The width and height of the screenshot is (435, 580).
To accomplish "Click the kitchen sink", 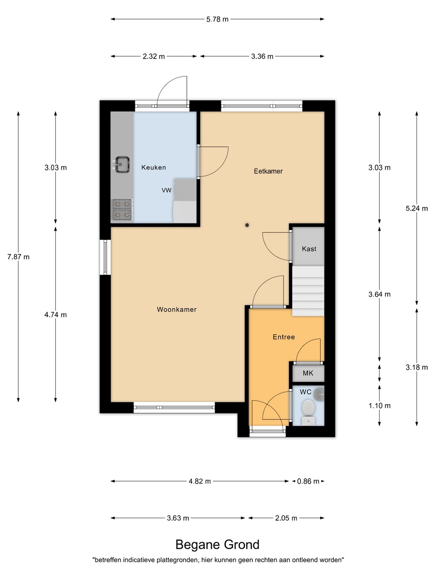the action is coord(122,165).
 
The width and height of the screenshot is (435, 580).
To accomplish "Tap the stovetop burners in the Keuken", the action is coord(122,209).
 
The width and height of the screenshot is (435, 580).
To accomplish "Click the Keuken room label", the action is coord(153,167).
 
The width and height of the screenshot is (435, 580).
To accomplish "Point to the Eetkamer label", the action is coord(268,171).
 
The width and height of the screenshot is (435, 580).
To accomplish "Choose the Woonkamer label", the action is coord(176,309).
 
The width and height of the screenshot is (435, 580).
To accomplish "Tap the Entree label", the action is coord(284,337).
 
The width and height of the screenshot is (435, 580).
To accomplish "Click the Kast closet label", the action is coord(309,249).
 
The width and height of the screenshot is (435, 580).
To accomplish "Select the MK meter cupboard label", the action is coord(308,373).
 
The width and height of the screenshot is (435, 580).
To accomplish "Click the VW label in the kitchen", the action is coord(166,190).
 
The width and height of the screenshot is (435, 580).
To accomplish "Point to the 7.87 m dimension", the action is coord(18,257).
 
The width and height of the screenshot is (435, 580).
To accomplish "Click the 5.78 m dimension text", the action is coord(217,19).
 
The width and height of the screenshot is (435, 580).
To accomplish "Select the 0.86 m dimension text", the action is coord(308,481).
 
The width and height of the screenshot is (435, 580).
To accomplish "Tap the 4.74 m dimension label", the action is coord(56,315).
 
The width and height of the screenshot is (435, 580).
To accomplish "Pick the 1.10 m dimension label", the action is coord(379,406).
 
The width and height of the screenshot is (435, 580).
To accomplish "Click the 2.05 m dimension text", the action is coord(286,518).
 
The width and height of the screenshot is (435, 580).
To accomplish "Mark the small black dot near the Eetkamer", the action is coord(247,225).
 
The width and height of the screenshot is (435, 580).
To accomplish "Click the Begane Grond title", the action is coord(217,545).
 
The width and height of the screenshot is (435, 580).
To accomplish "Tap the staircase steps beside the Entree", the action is coord(308,291).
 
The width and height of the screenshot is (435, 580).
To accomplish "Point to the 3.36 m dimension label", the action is coord(262,56).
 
